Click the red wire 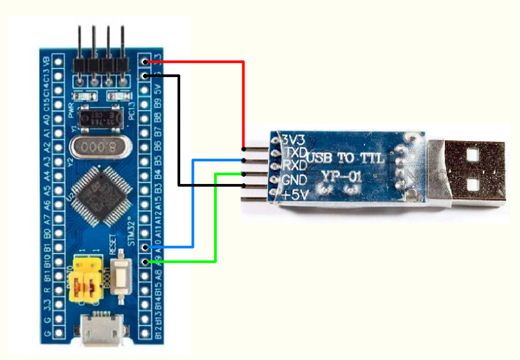pyautogui.click(x=242, y=102)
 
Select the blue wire pyautogui.click(x=193, y=203)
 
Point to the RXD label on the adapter pyautogui.click(x=296, y=166)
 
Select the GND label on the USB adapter pyautogui.click(x=296, y=180)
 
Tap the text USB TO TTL pyautogui.click(x=346, y=159)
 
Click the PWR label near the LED pyautogui.click(x=72, y=108)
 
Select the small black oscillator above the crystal pyautogui.click(x=102, y=117)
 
